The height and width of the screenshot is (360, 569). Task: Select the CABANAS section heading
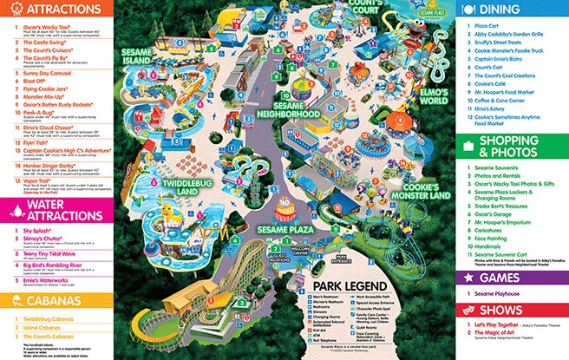point(38,301)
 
